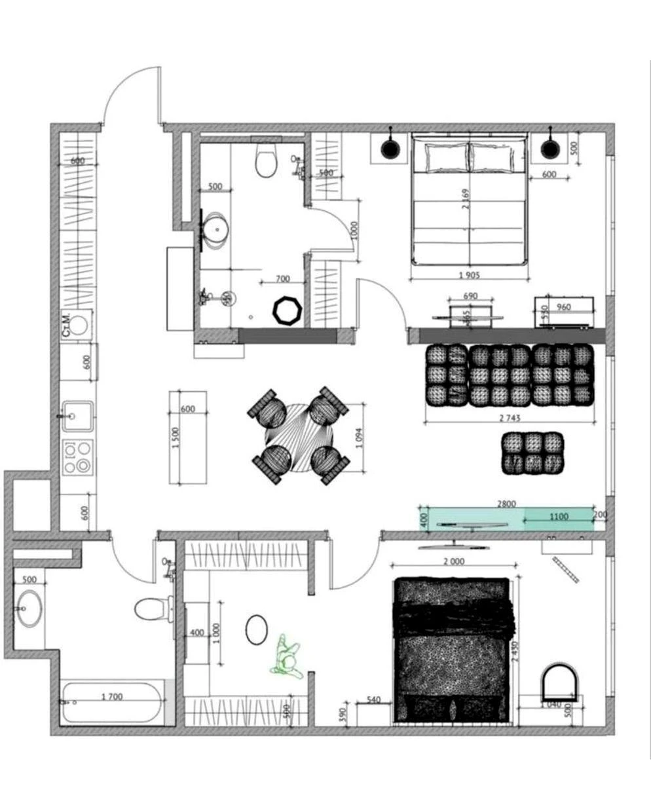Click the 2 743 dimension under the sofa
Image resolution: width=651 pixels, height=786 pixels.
[509, 417]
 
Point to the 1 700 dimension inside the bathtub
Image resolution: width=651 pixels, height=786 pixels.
[111, 697]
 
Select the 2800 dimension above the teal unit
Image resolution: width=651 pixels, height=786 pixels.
[506, 504]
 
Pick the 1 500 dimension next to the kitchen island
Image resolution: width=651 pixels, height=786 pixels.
[175, 438]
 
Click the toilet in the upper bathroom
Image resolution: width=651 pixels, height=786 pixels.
[266, 162]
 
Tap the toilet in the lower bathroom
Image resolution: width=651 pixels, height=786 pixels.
[151, 608]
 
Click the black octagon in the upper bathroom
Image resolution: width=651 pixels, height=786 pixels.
[287, 310]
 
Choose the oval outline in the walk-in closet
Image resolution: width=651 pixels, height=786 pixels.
[256, 629]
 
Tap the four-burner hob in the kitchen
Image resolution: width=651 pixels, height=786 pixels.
[77, 457]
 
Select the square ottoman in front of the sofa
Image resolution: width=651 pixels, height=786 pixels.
[533, 453]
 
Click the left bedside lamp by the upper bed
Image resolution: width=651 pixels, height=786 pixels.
[390, 149]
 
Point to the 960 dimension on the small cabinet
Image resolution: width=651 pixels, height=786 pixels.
[563, 307]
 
